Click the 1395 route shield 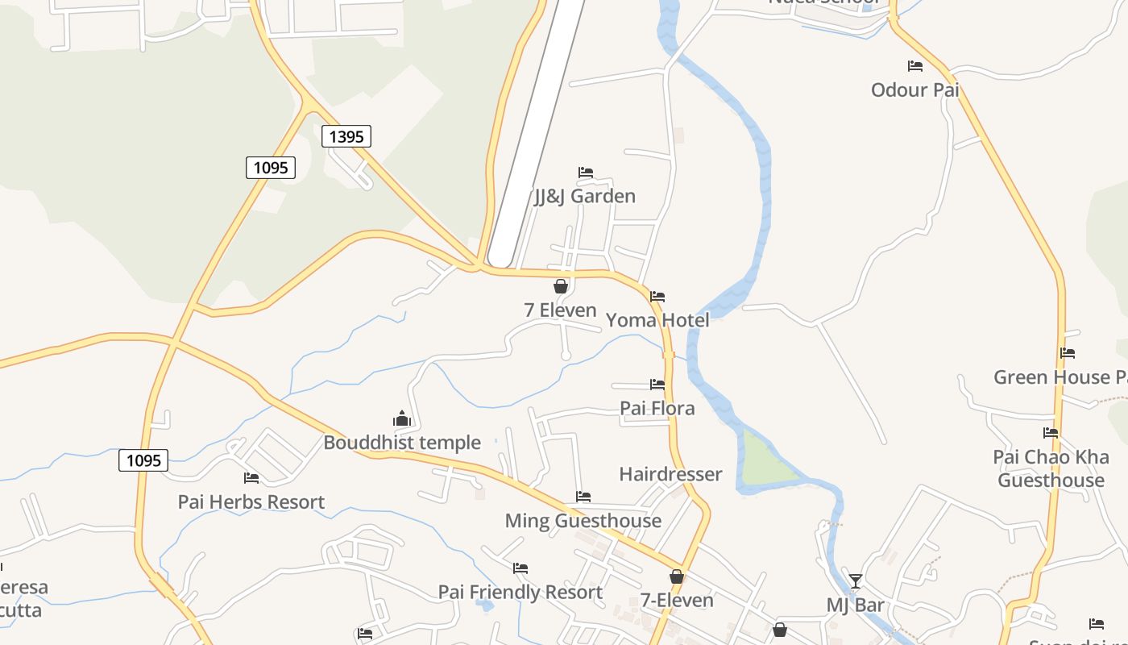346,136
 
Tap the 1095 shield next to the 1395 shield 271,168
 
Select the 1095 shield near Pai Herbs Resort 143,460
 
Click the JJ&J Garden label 585,196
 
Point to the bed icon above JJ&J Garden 586,173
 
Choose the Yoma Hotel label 657,320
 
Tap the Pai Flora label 657,408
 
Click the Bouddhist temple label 402,442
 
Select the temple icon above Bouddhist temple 401,418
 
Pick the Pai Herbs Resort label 251,501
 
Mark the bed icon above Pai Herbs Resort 251,478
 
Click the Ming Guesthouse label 583,521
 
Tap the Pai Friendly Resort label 520,592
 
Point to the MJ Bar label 856,605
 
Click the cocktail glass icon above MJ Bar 856,580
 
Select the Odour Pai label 915,89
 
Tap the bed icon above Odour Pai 915,66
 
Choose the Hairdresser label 670,474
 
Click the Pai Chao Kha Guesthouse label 1051,468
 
